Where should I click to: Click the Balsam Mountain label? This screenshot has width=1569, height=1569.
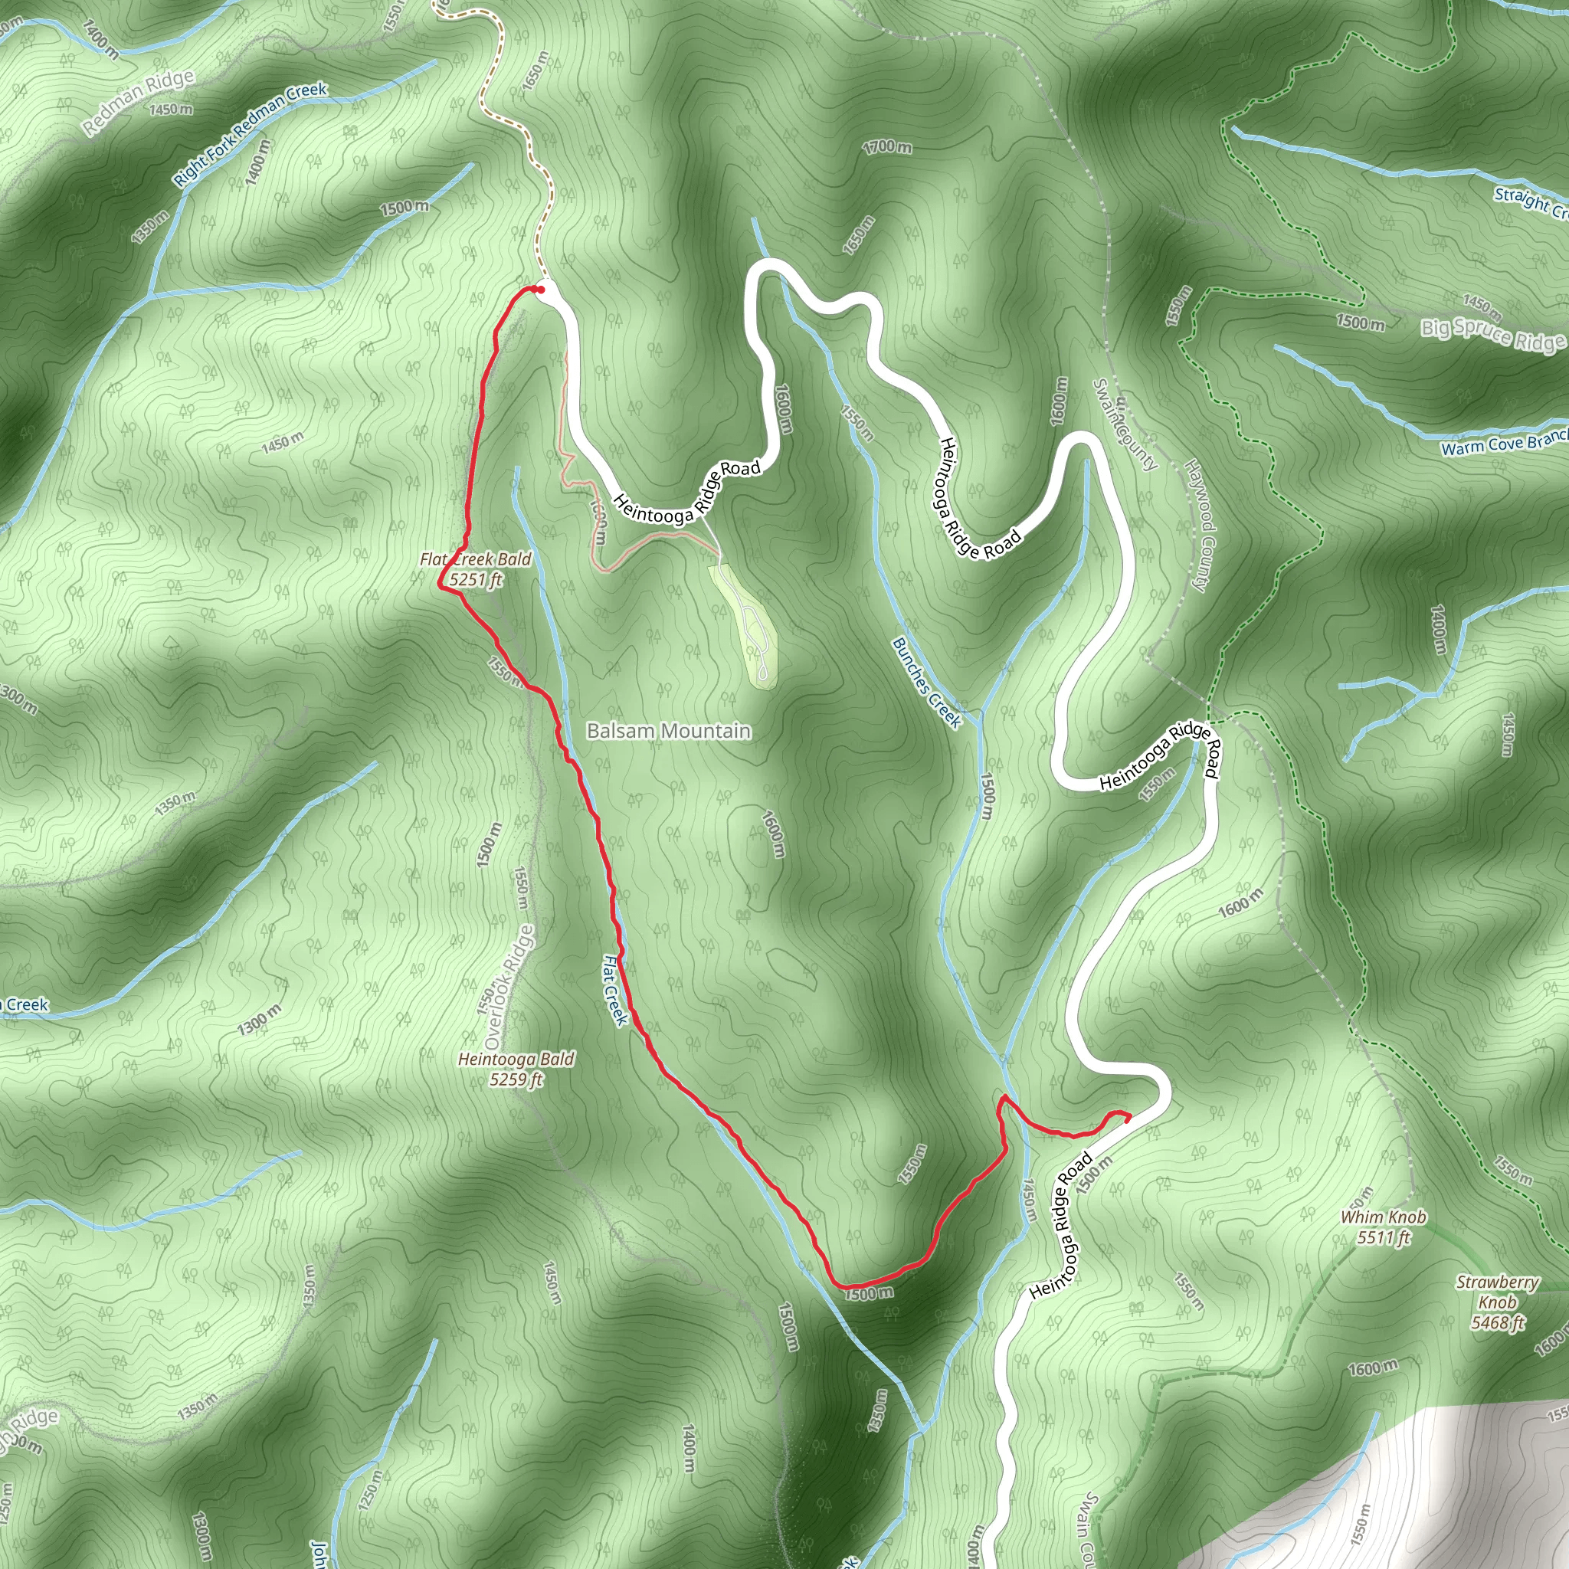668,731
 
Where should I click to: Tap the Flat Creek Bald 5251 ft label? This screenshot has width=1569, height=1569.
476,569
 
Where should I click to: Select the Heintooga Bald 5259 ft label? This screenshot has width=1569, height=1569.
516,1069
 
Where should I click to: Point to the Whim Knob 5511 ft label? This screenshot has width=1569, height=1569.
1383,1227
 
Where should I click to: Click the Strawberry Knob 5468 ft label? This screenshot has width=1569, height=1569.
1497,1302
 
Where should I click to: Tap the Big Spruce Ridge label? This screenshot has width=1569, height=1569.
1492,335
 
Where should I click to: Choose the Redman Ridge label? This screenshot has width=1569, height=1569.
139,102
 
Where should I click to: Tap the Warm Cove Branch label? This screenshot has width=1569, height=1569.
1504,444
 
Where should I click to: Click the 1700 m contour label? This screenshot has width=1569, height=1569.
887,147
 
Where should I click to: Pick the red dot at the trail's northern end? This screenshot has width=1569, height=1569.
539,289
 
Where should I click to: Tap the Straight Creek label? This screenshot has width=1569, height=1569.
1530,202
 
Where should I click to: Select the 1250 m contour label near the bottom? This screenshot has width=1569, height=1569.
368,1485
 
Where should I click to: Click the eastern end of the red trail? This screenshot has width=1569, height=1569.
1127,1119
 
